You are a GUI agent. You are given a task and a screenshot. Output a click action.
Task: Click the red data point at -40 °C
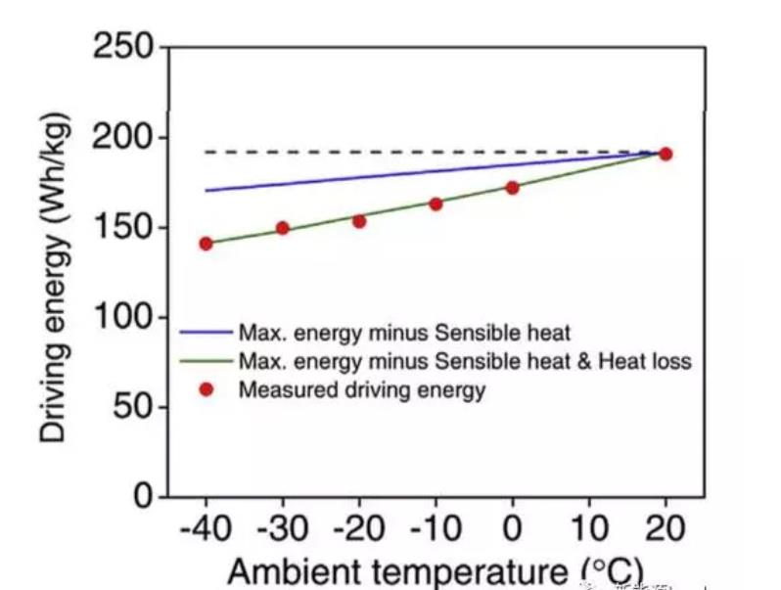(206, 243)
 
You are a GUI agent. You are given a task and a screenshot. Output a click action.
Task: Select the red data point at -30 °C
(283, 228)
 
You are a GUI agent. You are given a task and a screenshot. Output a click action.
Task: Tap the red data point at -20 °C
(359, 221)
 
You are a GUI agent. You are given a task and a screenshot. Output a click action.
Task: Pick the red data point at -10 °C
(436, 204)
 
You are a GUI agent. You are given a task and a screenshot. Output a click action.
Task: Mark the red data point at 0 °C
(512, 187)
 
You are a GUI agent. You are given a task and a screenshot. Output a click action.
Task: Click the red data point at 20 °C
(666, 154)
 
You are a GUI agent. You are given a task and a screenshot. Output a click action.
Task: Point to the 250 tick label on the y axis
(123, 46)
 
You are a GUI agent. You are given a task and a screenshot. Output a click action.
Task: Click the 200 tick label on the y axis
(123, 137)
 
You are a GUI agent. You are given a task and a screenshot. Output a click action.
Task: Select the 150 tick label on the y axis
(123, 227)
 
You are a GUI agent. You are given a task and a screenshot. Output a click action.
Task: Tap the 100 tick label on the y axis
(123, 317)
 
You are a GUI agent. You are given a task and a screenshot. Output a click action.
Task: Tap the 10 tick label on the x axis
(588, 529)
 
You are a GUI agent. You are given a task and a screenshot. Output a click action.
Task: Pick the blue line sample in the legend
(207, 332)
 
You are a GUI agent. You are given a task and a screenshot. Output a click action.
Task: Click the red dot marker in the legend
(207, 390)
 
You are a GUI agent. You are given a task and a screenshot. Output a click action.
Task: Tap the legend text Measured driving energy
(361, 391)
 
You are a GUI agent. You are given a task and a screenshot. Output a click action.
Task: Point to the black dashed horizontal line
(391, 152)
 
